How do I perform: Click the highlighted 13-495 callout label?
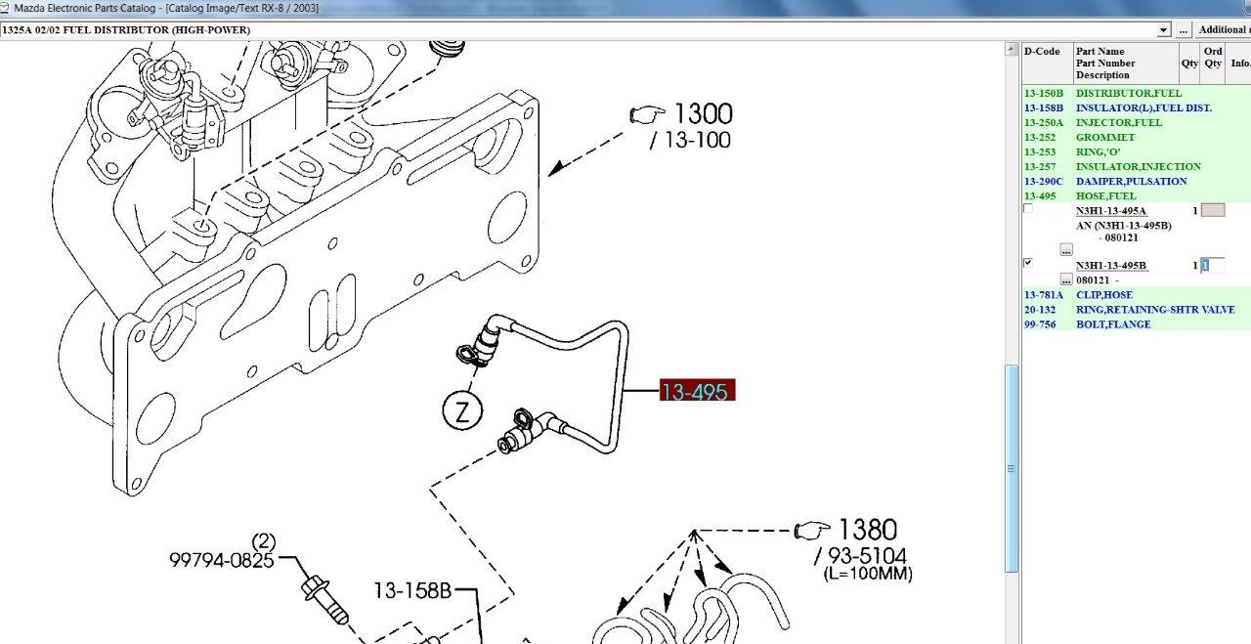(x=697, y=391)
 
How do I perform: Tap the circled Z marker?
(x=462, y=411)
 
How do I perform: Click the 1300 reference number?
(x=704, y=114)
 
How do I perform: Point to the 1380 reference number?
(x=867, y=530)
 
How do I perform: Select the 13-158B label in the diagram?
(x=412, y=590)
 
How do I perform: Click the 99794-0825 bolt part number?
(x=222, y=560)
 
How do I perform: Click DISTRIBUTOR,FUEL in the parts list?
(x=1128, y=93)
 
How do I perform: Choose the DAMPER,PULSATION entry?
(x=1131, y=182)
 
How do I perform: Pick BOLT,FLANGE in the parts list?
(x=1113, y=324)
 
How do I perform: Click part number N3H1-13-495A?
(x=1111, y=211)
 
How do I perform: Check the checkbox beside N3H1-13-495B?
(x=1028, y=263)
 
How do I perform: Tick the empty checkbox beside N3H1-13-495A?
(x=1028, y=208)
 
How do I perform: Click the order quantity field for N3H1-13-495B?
(x=1213, y=265)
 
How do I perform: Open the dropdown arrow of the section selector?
(x=1163, y=30)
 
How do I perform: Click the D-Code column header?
(x=1042, y=52)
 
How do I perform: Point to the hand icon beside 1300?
(x=647, y=114)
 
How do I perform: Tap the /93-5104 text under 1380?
(x=861, y=556)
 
